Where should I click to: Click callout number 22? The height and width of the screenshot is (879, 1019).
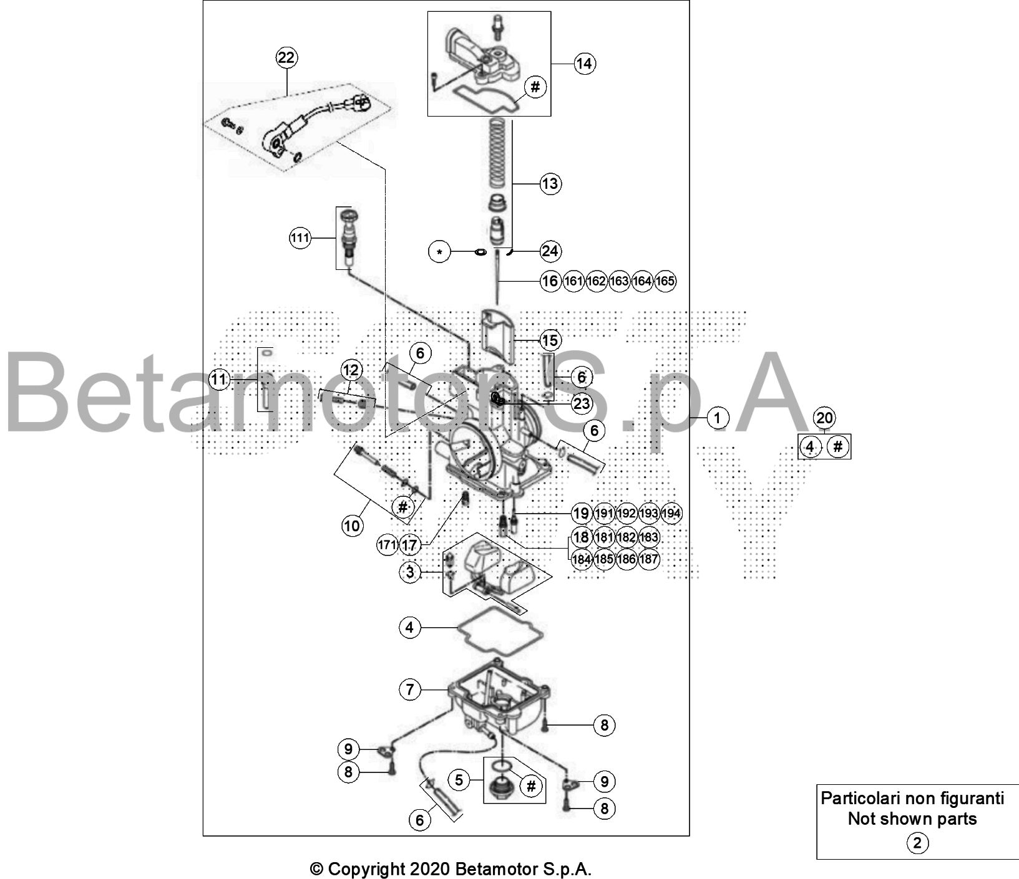click(x=286, y=58)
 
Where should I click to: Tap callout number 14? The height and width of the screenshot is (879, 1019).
click(x=585, y=64)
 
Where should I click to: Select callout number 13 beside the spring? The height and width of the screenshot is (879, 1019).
click(x=550, y=184)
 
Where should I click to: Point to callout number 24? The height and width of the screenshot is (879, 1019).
click(x=550, y=251)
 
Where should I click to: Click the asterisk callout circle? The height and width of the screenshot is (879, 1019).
click(x=440, y=252)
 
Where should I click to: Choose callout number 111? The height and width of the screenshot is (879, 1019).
click(x=300, y=238)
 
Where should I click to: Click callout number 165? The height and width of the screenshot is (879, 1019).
click(x=665, y=281)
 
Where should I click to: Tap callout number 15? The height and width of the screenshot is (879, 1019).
click(x=550, y=340)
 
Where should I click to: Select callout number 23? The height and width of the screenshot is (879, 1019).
click(x=582, y=404)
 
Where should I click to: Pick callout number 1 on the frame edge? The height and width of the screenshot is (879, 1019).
click(x=718, y=418)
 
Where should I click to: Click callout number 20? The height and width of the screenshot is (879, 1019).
click(x=825, y=418)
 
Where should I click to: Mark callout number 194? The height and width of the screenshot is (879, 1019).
click(x=671, y=513)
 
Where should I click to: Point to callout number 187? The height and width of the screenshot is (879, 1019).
click(x=649, y=559)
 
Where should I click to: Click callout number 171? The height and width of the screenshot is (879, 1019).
click(x=388, y=545)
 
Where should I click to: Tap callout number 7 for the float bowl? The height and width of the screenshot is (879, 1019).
click(x=410, y=689)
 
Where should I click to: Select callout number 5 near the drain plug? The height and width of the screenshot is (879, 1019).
click(x=459, y=780)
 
